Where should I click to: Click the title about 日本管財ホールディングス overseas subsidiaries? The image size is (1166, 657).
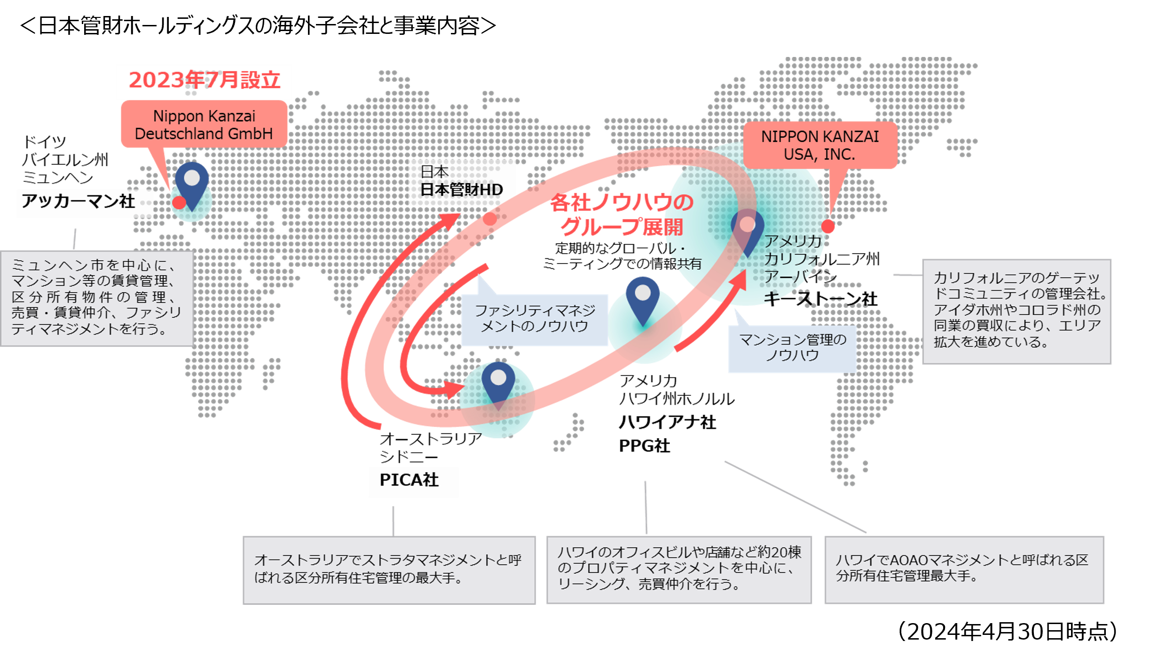tap(258, 25)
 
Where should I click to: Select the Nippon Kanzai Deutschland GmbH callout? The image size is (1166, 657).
tap(204, 125)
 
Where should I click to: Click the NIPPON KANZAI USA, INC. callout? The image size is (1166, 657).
tap(820, 145)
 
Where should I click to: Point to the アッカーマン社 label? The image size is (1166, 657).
tap(79, 202)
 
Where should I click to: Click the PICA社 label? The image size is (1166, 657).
tap(410, 481)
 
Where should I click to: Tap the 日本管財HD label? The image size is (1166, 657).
tap(461, 183)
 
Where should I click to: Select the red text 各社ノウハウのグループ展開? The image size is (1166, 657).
tap(622, 215)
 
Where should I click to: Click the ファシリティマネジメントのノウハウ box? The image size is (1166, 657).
tap(535, 319)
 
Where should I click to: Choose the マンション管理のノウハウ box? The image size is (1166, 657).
tap(793, 347)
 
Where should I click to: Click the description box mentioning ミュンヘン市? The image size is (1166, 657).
tap(97, 298)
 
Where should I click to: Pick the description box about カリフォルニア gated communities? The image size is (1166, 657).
tap(1016, 311)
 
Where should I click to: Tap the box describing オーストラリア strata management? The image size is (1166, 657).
tap(389, 569)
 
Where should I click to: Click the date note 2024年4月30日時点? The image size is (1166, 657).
tap(1007, 631)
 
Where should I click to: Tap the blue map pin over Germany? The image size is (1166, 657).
tap(192, 182)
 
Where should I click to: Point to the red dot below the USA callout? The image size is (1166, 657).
tap(828, 226)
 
